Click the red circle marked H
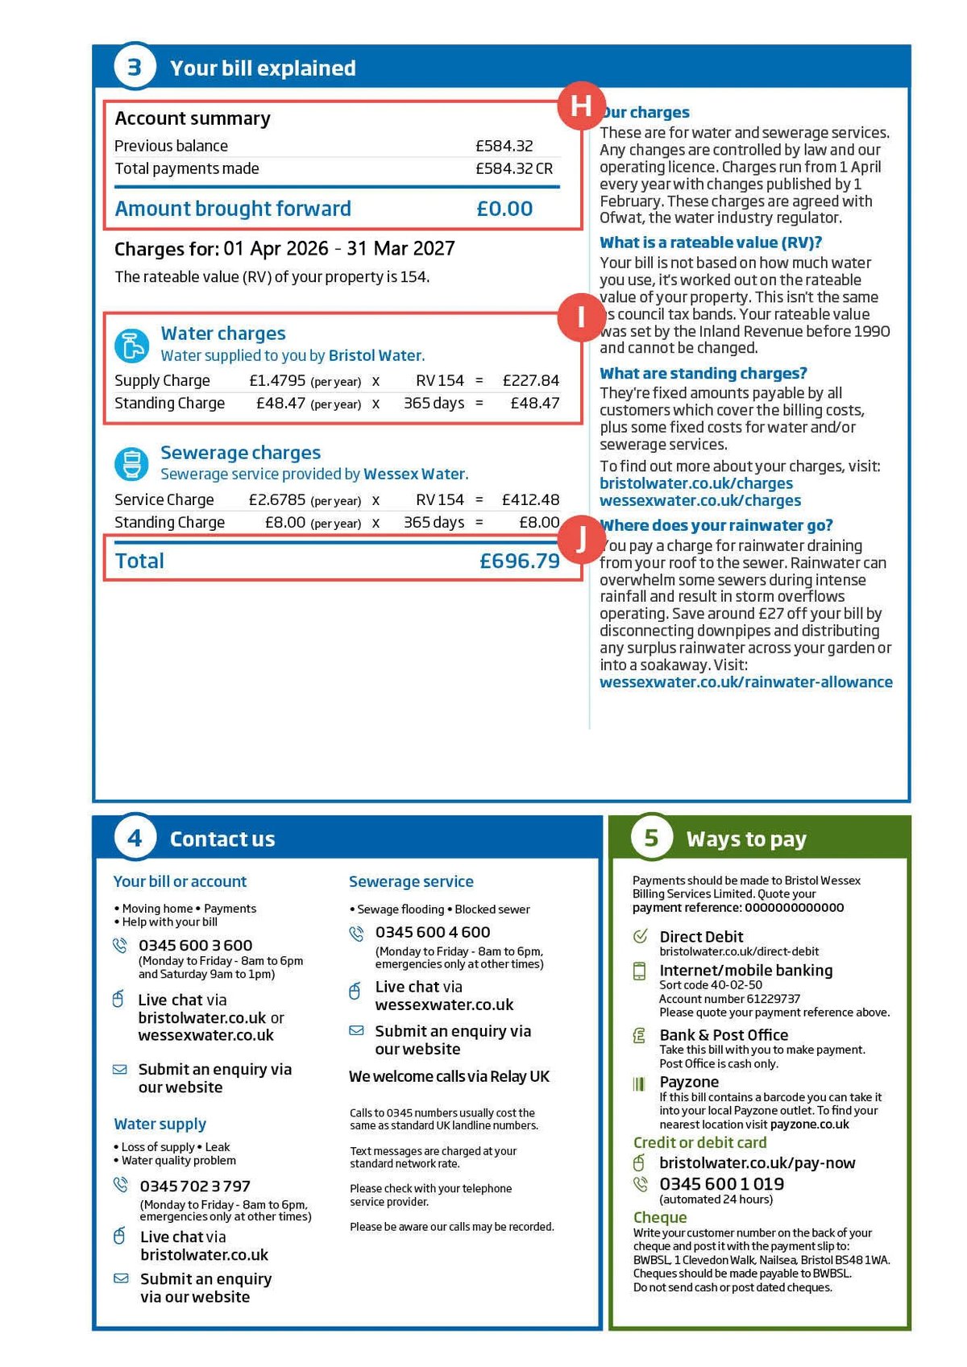(x=581, y=106)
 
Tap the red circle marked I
(x=581, y=317)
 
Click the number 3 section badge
(x=135, y=68)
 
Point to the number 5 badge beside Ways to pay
(x=651, y=839)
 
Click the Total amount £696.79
(x=519, y=561)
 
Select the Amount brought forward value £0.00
(x=504, y=209)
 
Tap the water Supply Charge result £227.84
(x=530, y=380)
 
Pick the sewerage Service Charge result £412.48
(x=530, y=499)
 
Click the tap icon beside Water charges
(x=131, y=346)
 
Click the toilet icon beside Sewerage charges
(x=131, y=464)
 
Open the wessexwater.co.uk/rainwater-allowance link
(x=745, y=682)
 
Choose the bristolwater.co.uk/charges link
(x=696, y=483)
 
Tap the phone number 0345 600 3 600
(x=195, y=945)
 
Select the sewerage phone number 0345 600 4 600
(x=433, y=932)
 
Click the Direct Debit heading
(x=701, y=937)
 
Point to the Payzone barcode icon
(x=639, y=1083)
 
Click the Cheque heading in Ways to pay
(x=660, y=1217)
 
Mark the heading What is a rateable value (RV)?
(x=710, y=242)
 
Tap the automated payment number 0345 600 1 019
(x=721, y=1184)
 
